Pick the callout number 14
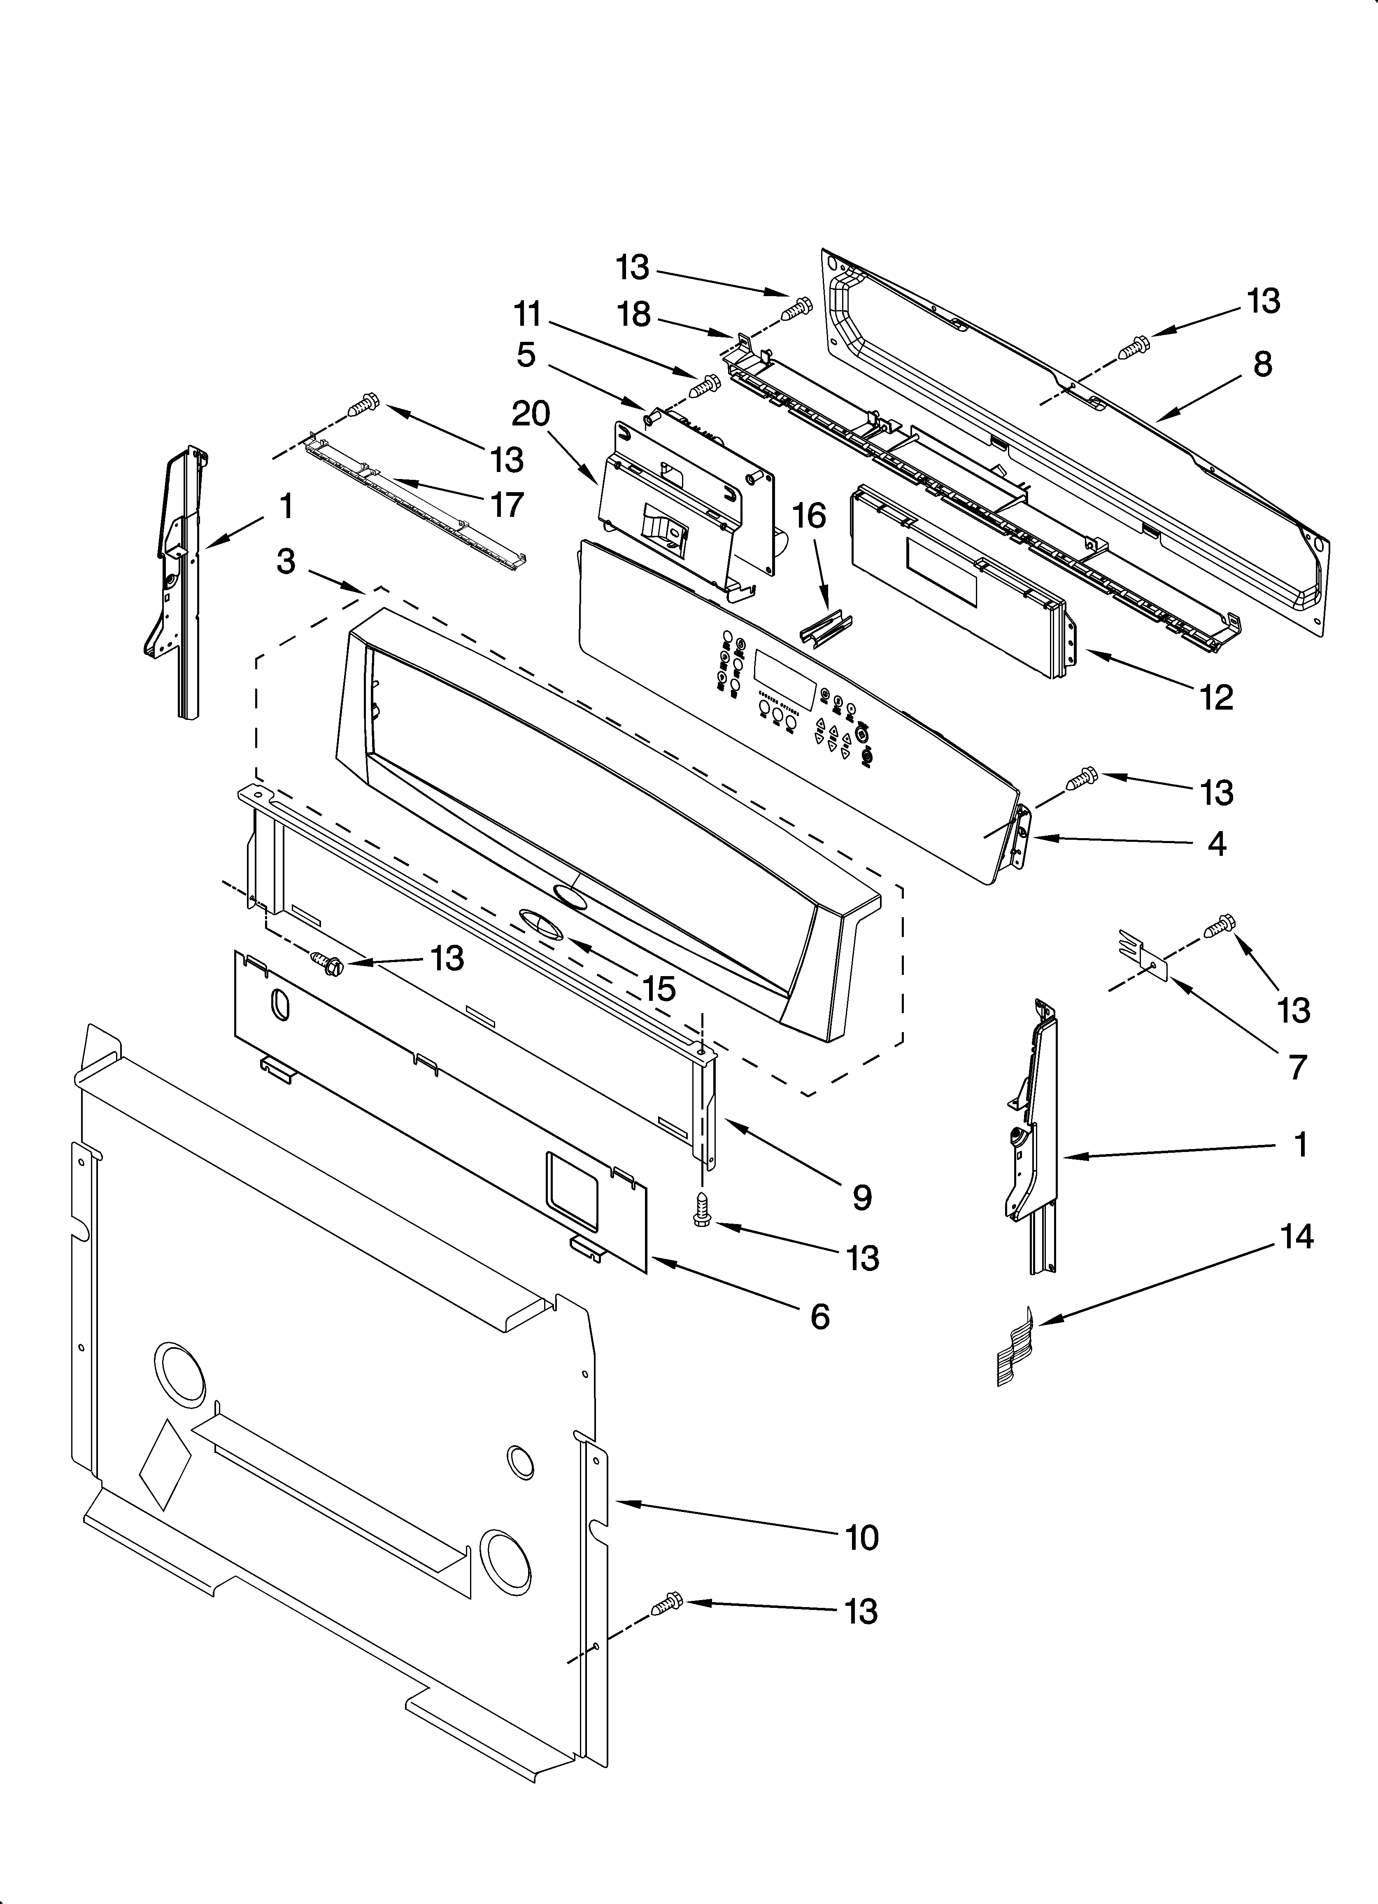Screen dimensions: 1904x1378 [1297, 1237]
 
